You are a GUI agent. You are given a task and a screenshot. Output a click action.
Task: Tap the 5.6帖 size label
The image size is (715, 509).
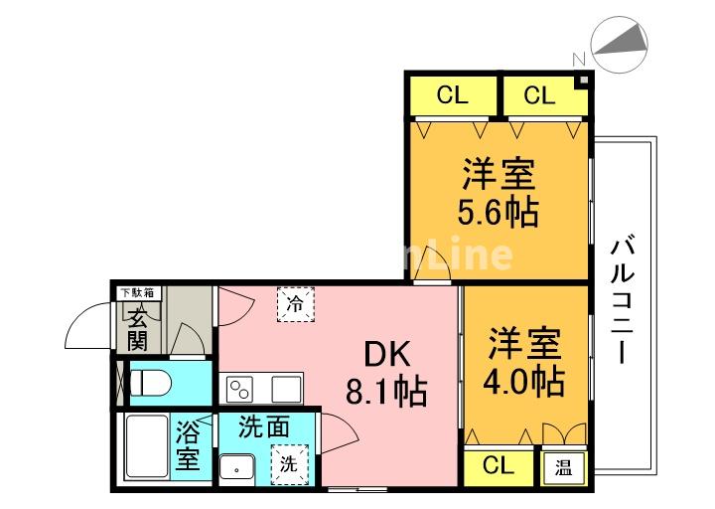(x=498, y=212)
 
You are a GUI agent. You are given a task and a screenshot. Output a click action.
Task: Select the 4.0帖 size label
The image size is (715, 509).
(x=524, y=381)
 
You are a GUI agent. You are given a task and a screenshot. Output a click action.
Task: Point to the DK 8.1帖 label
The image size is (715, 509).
(x=385, y=374)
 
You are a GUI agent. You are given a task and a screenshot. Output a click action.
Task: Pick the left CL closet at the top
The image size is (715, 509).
(x=452, y=95)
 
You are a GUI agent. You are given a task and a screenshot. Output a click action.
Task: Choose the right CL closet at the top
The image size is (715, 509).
(x=538, y=95)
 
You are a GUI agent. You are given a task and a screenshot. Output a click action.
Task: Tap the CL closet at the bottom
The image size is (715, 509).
(x=500, y=466)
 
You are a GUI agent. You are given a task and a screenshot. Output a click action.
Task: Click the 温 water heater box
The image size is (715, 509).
(x=562, y=466)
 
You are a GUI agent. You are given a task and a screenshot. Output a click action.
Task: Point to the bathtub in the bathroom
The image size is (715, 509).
(x=145, y=449)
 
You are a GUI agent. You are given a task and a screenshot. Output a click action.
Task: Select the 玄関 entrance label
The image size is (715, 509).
(x=136, y=329)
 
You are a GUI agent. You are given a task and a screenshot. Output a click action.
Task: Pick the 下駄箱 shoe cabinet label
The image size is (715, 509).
(x=137, y=292)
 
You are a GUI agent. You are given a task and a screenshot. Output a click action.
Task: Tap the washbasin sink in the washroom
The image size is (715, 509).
(x=239, y=465)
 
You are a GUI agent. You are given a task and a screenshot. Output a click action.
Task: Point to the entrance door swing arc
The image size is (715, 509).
(x=83, y=327)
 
